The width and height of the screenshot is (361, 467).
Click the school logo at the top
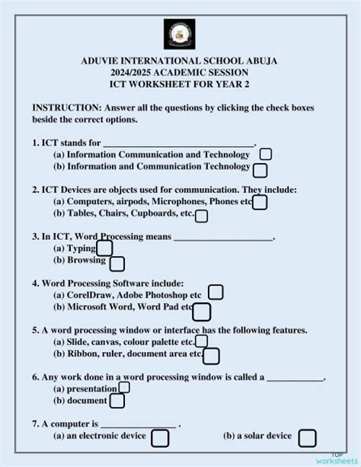click(x=180, y=35)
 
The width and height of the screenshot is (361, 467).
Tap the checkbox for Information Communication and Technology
click(x=266, y=155)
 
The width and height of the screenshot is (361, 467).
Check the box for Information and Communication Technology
click(x=260, y=170)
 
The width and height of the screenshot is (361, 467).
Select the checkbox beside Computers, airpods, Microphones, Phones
click(x=260, y=202)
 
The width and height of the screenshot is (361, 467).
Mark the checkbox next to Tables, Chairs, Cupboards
click(x=201, y=216)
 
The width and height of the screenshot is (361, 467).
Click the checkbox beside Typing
click(x=104, y=248)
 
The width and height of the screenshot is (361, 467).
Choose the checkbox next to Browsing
click(x=117, y=264)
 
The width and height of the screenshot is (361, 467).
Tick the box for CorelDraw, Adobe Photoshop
click(x=216, y=293)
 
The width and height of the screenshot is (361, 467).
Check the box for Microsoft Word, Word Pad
click(x=202, y=311)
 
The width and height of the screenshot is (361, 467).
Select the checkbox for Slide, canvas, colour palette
click(x=201, y=341)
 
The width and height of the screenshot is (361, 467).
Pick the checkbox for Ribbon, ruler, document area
click(x=211, y=356)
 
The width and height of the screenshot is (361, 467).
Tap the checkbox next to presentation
click(x=124, y=387)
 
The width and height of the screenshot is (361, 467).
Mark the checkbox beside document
click(x=117, y=401)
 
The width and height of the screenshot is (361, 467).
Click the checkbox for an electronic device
click(x=160, y=438)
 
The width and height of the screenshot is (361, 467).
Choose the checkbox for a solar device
click(x=306, y=438)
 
